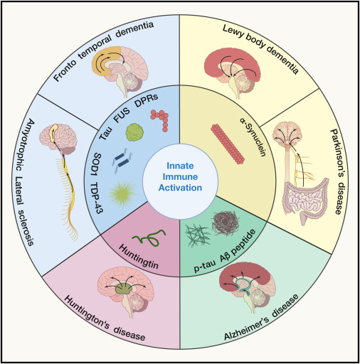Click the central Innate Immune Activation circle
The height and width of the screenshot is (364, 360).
[179, 183]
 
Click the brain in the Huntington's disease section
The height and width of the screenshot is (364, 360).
[129, 285]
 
